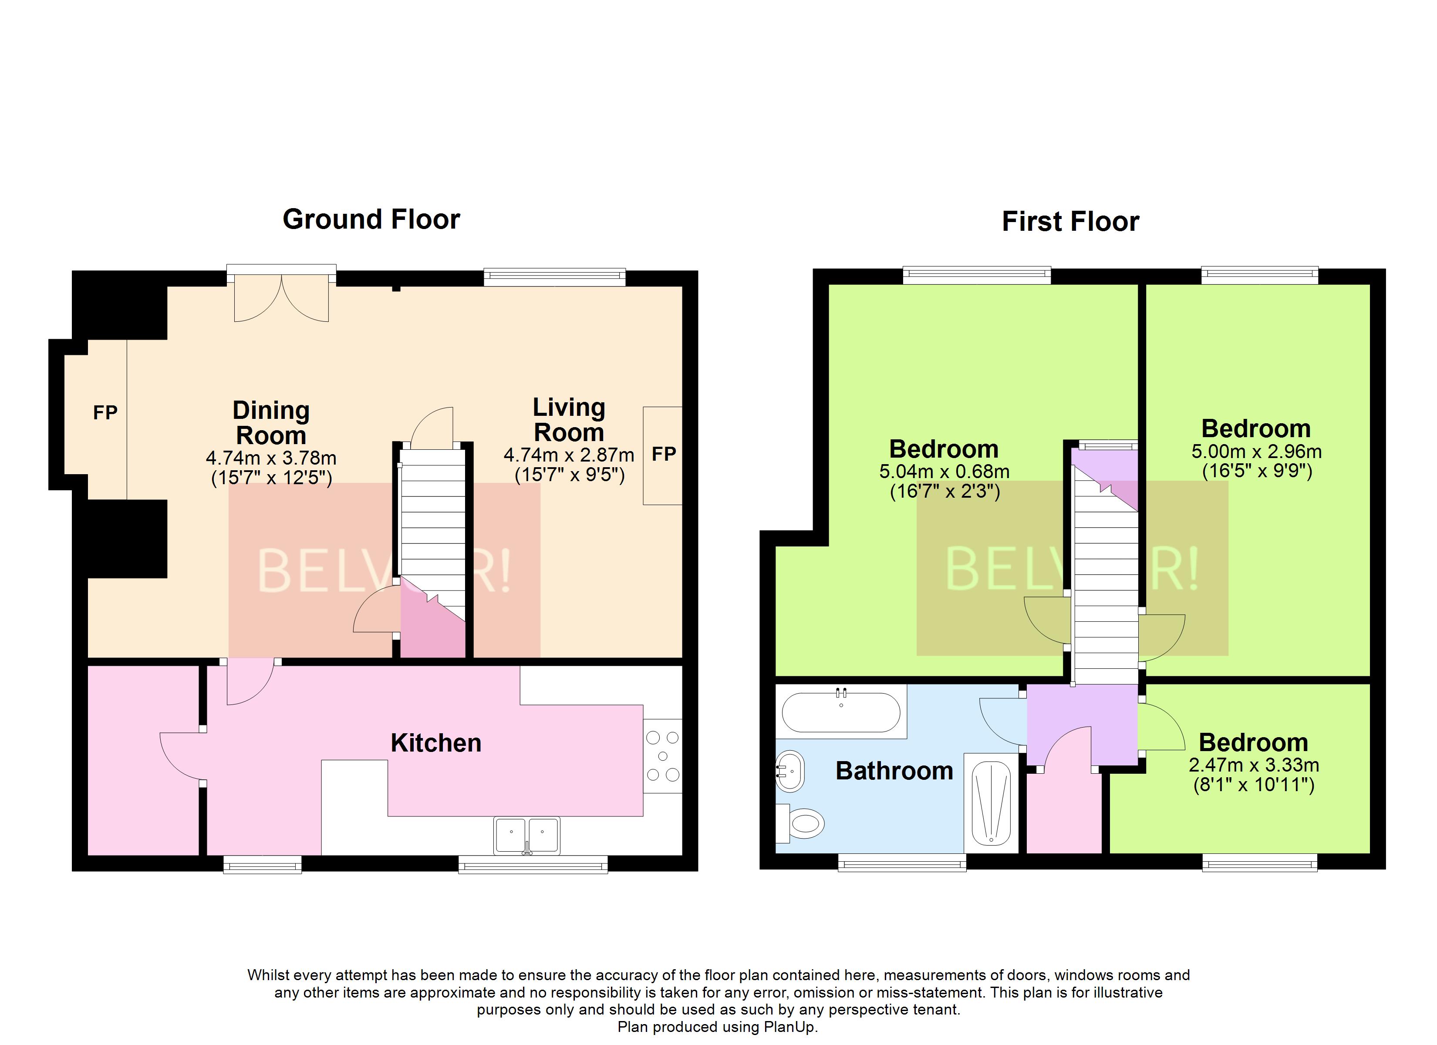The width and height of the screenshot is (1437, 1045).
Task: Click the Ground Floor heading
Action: [371, 219]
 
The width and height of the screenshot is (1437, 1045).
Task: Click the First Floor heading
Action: [1070, 222]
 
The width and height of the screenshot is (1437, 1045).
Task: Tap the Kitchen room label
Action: [436, 743]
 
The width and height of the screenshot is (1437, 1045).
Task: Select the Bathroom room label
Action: [894, 771]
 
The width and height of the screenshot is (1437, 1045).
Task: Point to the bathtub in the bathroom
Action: [841, 712]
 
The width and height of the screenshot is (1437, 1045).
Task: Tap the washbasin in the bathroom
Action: [790, 771]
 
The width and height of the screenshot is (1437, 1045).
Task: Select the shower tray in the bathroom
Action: [991, 803]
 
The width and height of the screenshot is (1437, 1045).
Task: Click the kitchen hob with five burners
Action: [663, 755]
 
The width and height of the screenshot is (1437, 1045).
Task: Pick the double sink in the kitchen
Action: [526, 835]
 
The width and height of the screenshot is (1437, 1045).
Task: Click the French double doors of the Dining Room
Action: [281, 298]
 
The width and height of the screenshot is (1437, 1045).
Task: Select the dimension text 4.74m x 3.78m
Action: [271, 458]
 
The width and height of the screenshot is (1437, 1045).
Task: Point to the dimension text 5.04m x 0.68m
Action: [944, 472]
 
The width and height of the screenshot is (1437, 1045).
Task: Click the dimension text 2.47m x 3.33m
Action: [1254, 765]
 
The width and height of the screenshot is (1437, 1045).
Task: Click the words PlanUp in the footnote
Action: [789, 1027]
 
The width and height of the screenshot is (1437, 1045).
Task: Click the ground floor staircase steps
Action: [433, 519]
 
